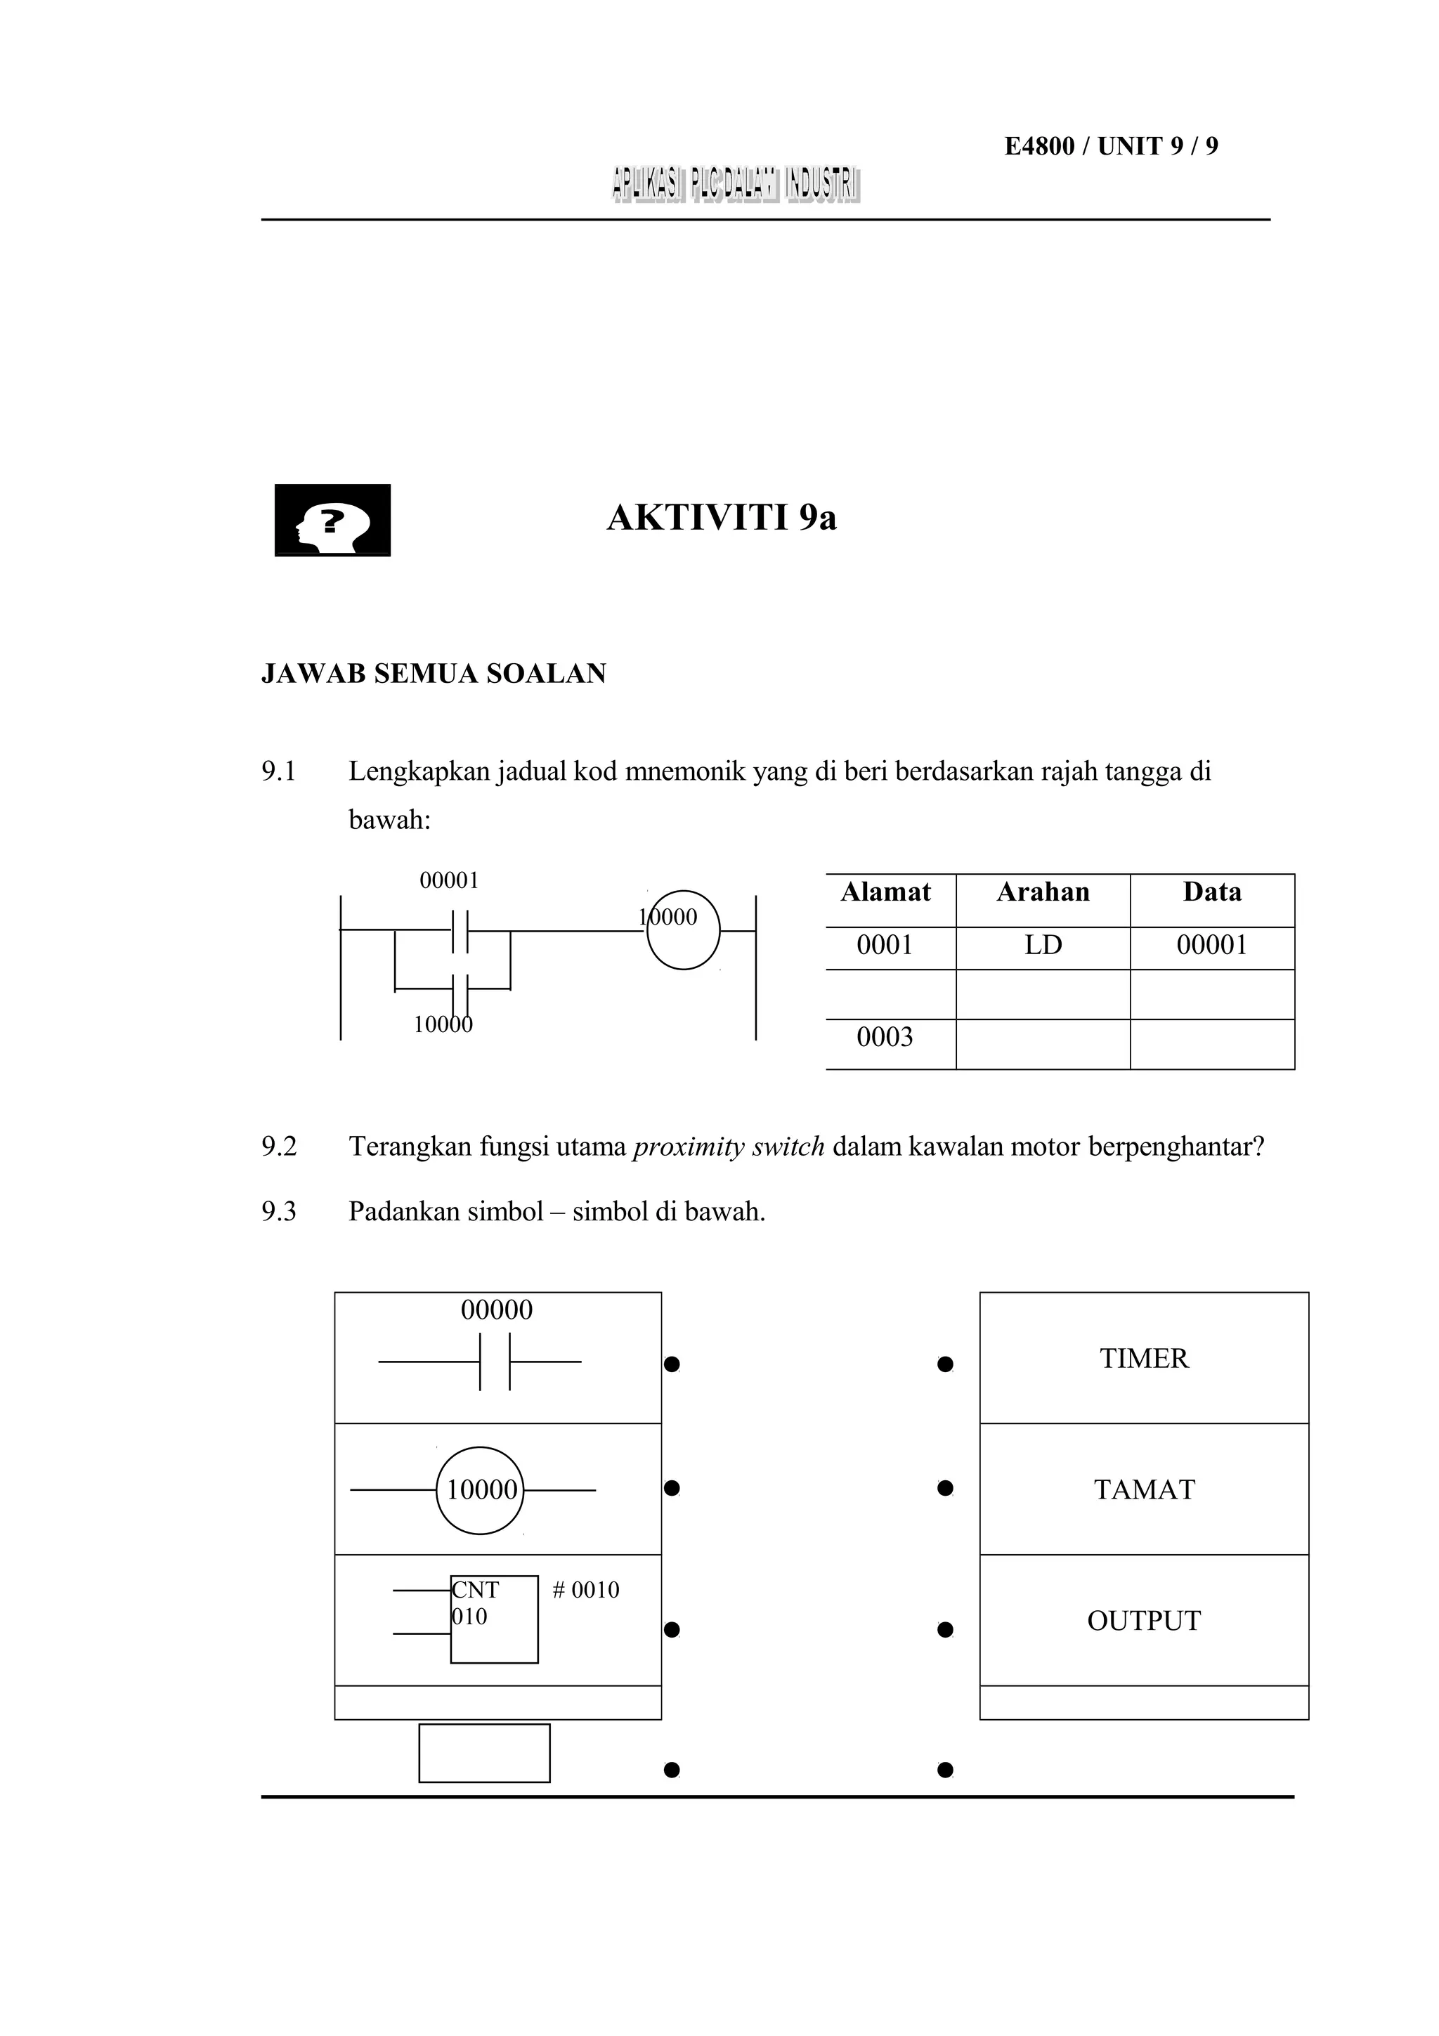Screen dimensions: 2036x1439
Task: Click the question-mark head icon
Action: (332, 520)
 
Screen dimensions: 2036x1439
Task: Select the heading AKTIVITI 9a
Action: (722, 518)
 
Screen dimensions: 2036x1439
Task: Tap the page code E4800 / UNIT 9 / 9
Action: (1111, 146)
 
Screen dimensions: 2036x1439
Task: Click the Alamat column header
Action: (886, 892)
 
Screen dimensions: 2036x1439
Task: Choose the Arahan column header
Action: (1043, 892)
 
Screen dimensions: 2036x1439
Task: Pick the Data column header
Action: (1212, 892)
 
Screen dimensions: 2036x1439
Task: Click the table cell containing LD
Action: (1043, 946)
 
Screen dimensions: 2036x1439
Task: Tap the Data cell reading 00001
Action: (1212, 946)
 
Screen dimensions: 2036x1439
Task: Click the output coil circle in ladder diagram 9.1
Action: (684, 930)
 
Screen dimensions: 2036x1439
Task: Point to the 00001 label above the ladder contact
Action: (450, 880)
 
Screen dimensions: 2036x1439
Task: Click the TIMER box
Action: (1144, 1359)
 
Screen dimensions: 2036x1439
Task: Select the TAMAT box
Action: (1144, 1489)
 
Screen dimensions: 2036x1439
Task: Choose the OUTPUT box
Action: (1144, 1621)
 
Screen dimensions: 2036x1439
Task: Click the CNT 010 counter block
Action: (494, 1619)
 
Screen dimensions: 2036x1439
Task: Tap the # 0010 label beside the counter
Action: (585, 1590)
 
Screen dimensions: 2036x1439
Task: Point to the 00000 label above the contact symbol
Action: (497, 1310)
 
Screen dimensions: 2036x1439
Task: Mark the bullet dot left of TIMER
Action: (945, 1364)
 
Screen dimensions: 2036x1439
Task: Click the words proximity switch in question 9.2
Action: (729, 1147)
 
